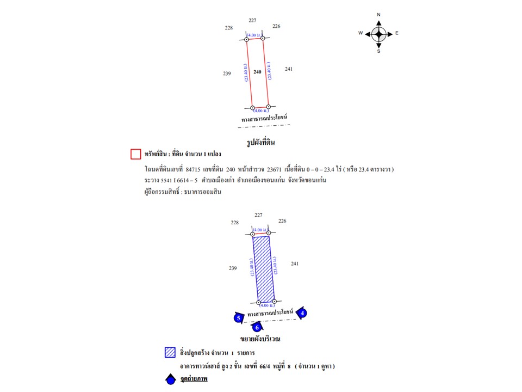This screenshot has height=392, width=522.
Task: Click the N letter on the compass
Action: (x=379, y=15)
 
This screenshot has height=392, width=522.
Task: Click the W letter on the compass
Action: (x=361, y=33)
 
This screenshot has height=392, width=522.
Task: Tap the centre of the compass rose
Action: (x=379, y=33)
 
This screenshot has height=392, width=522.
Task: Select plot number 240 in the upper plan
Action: (x=258, y=72)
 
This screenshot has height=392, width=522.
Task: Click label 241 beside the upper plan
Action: (x=289, y=69)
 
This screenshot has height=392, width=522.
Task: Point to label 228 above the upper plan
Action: (x=228, y=27)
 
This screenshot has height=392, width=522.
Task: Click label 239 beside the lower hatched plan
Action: (x=233, y=268)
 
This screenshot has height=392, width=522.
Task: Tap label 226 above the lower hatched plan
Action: (x=282, y=221)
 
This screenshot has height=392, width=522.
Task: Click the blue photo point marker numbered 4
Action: (x=303, y=313)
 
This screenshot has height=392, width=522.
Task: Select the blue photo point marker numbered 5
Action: (x=238, y=318)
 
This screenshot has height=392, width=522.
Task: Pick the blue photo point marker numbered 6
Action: (x=257, y=327)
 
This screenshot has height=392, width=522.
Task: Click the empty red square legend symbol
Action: (x=136, y=154)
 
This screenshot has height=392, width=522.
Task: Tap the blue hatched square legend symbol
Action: (x=169, y=352)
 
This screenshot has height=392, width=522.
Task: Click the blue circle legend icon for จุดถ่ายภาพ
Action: (x=170, y=379)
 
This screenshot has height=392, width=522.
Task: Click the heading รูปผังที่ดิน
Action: (x=261, y=143)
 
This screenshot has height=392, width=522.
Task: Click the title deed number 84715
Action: (x=194, y=169)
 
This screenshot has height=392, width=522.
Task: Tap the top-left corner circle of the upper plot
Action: (x=246, y=39)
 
